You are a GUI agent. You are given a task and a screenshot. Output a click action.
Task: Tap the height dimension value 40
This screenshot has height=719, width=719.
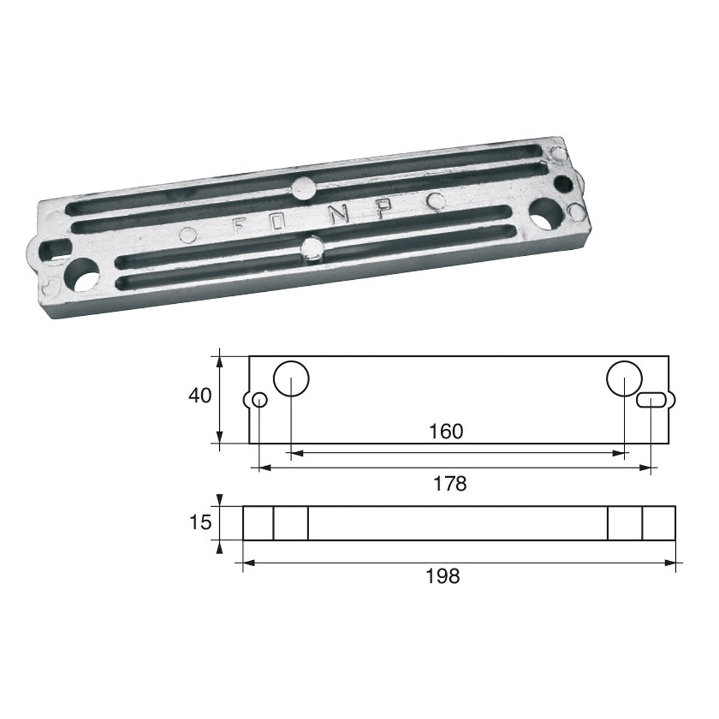(200, 396)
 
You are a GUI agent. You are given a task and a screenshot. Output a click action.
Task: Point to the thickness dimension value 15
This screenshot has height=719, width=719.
(201, 522)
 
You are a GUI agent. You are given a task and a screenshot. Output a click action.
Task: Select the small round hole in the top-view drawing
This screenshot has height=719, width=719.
(259, 400)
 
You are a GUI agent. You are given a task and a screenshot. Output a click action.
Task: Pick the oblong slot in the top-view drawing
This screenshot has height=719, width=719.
(650, 400)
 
